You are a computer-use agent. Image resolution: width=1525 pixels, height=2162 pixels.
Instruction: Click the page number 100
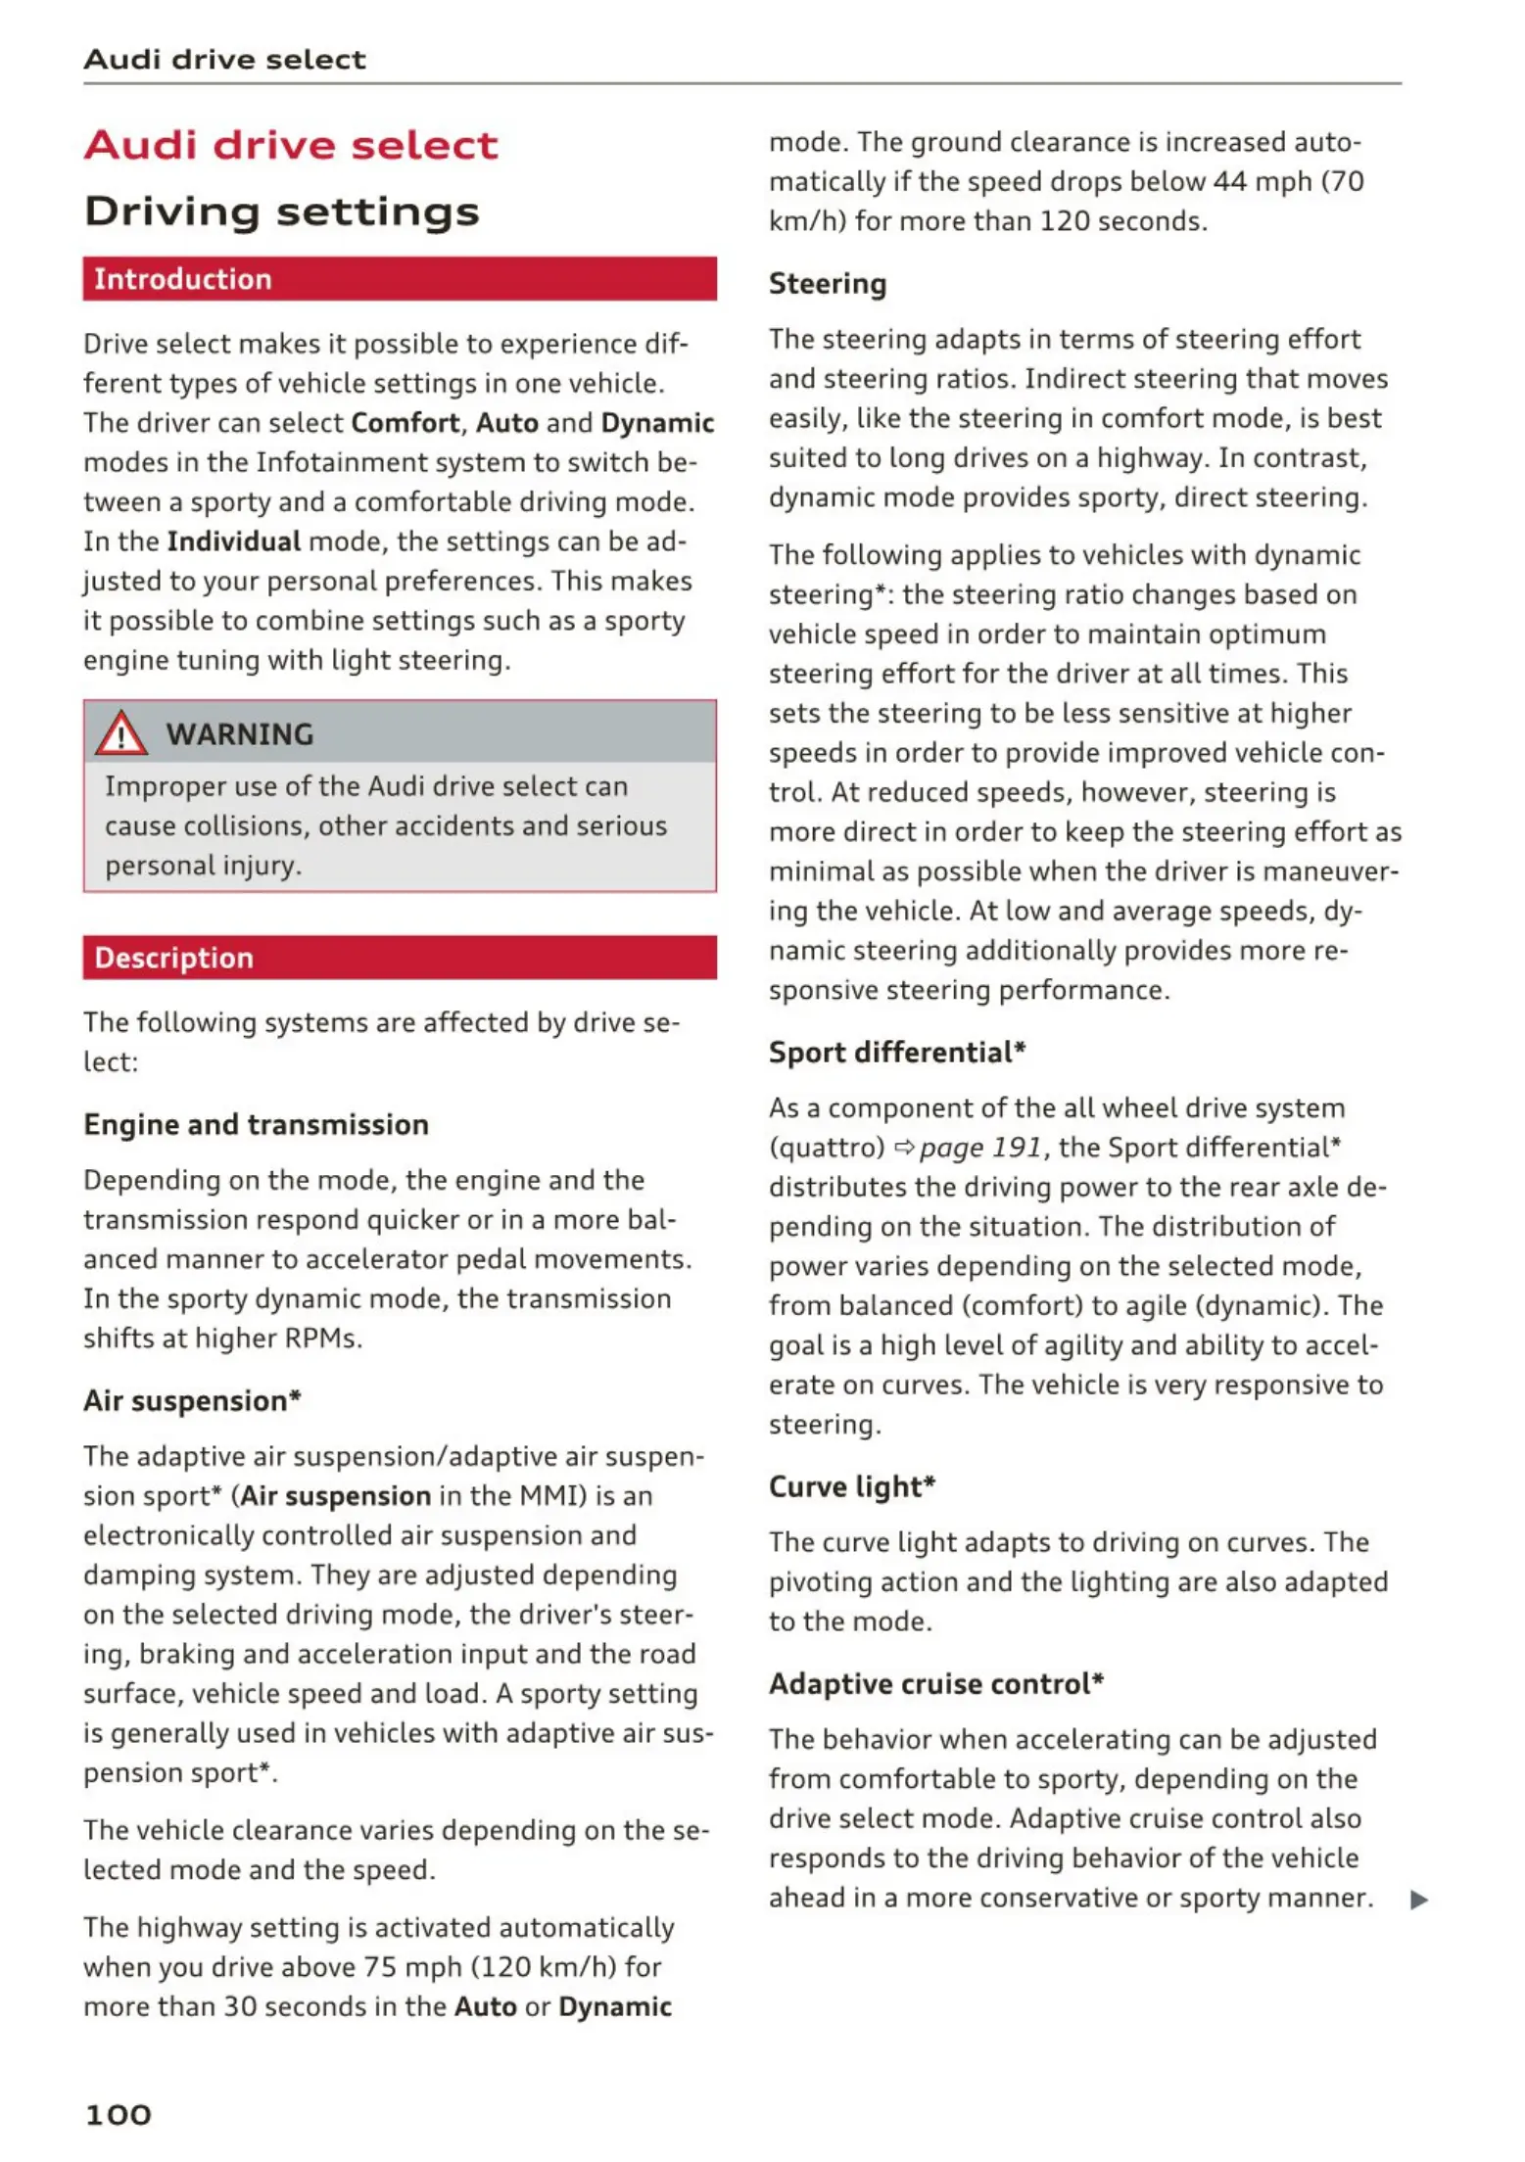pos(119,2114)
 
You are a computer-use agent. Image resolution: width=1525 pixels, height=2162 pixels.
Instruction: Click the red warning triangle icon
pos(120,733)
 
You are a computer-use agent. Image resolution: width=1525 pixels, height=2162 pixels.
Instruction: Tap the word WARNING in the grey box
pos(240,734)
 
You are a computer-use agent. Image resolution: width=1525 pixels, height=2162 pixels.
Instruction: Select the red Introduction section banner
pos(400,279)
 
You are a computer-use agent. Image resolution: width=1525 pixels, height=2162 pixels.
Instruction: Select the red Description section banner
pos(400,958)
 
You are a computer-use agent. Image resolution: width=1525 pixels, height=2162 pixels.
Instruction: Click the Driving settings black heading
pos(282,211)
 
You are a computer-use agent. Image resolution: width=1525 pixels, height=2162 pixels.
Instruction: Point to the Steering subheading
pos(828,284)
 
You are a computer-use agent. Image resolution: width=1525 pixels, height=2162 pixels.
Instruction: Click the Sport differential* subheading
pos(897,1053)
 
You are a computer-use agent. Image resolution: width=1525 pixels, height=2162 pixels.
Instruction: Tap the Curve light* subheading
pos(852,1486)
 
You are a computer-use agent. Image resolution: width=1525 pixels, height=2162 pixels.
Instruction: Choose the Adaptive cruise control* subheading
pos(936,1684)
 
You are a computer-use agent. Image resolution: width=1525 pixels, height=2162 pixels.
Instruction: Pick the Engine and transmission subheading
pos(257,1124)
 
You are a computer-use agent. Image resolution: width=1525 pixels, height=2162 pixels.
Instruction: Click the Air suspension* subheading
pos(192,1401)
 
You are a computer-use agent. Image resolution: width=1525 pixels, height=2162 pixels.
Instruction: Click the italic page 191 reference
pos(980,1148)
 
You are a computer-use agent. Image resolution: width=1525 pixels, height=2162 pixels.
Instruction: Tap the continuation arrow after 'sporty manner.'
pos(1418,1901)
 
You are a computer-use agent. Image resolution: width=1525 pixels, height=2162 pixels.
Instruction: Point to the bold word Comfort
pos(405,423)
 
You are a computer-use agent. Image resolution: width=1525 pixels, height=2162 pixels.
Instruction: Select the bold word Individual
pos(234,541)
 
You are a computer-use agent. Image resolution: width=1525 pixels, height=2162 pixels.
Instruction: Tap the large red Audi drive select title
pos(292,146)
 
